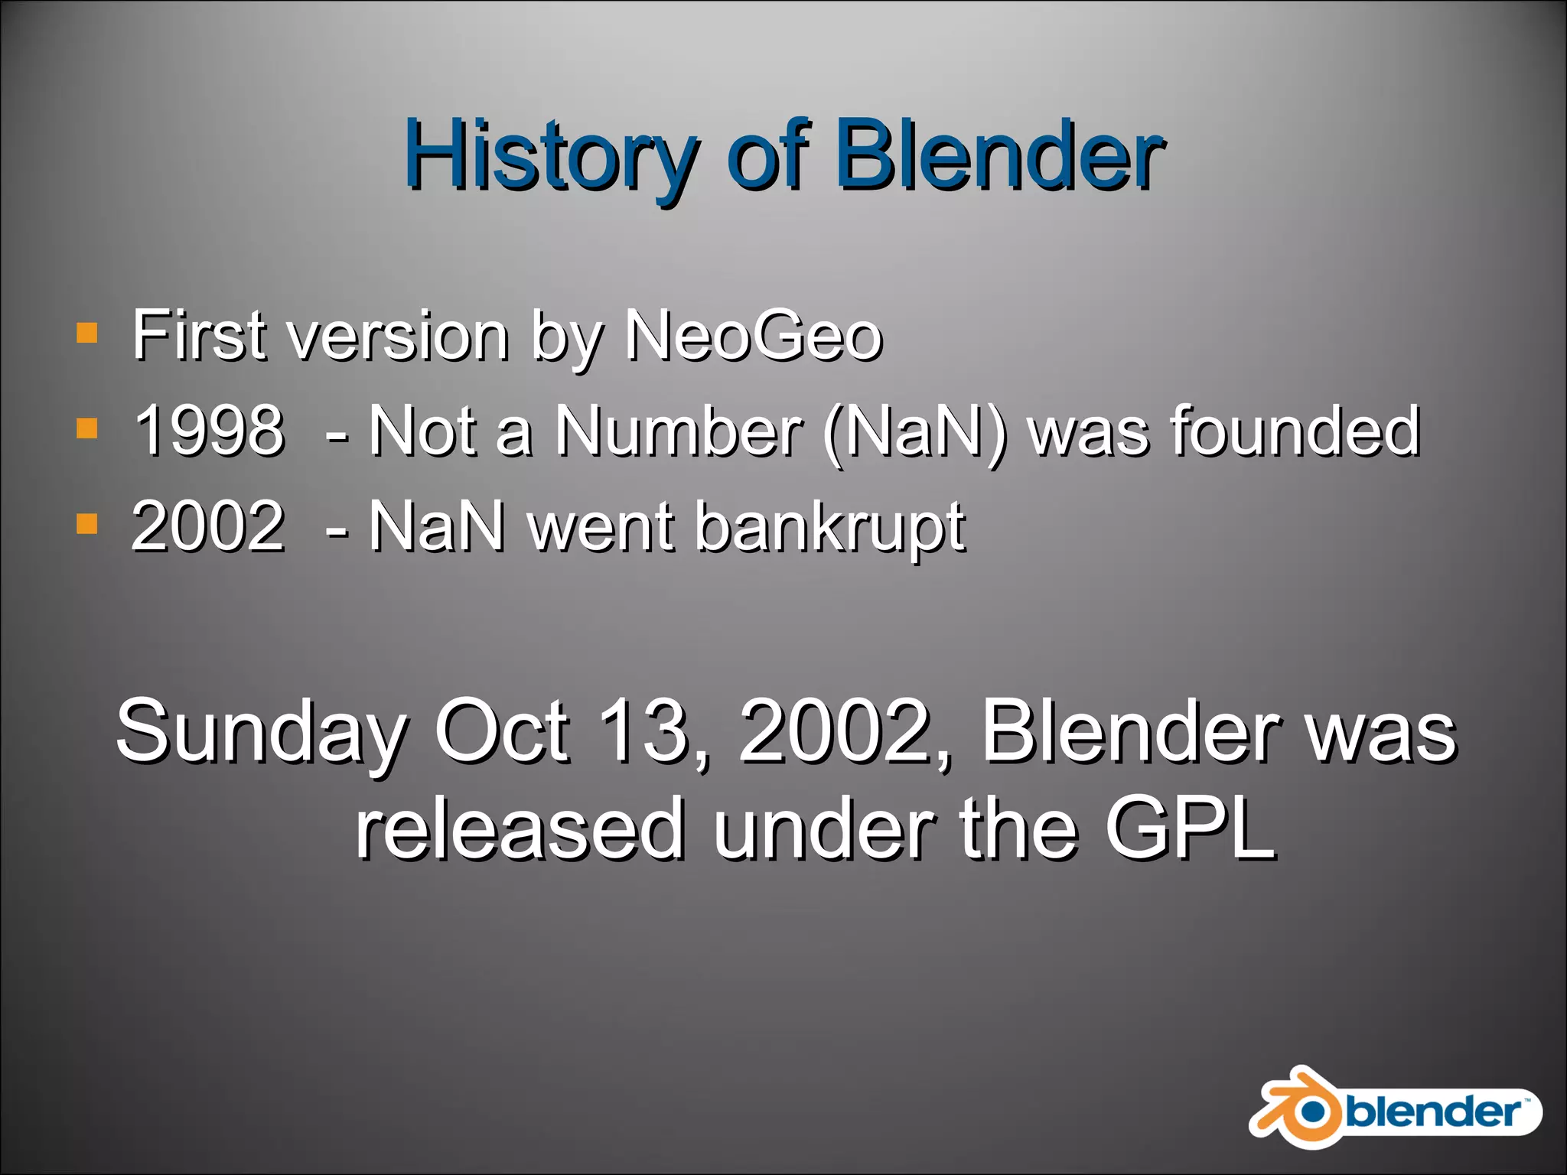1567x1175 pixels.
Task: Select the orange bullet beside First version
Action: (x=87, y=333)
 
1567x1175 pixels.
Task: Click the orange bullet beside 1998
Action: (x=87, y=428)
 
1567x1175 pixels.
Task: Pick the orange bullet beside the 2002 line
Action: (x=87, y=524)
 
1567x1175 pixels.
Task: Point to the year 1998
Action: (x=209, y=431)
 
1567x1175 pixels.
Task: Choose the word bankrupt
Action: (x=829, y=528)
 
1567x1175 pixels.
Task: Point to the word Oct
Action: (x=501, y=731)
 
